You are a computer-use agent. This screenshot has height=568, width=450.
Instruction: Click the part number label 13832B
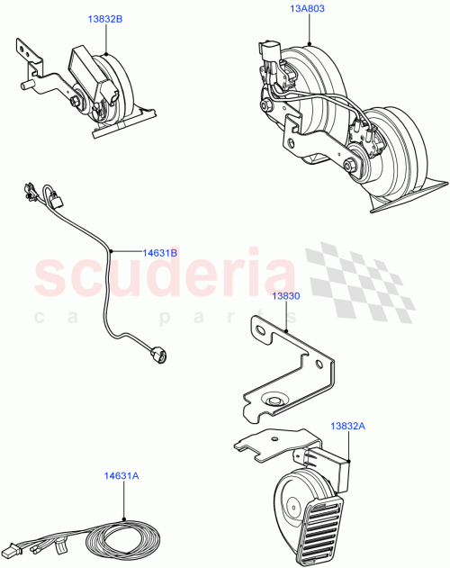[105, 18]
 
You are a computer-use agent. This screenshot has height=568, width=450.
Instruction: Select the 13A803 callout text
[307, 9]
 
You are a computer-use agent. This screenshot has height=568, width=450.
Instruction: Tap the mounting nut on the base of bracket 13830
[271, 400]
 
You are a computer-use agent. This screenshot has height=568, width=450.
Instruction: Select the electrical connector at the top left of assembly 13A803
[268, 53]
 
